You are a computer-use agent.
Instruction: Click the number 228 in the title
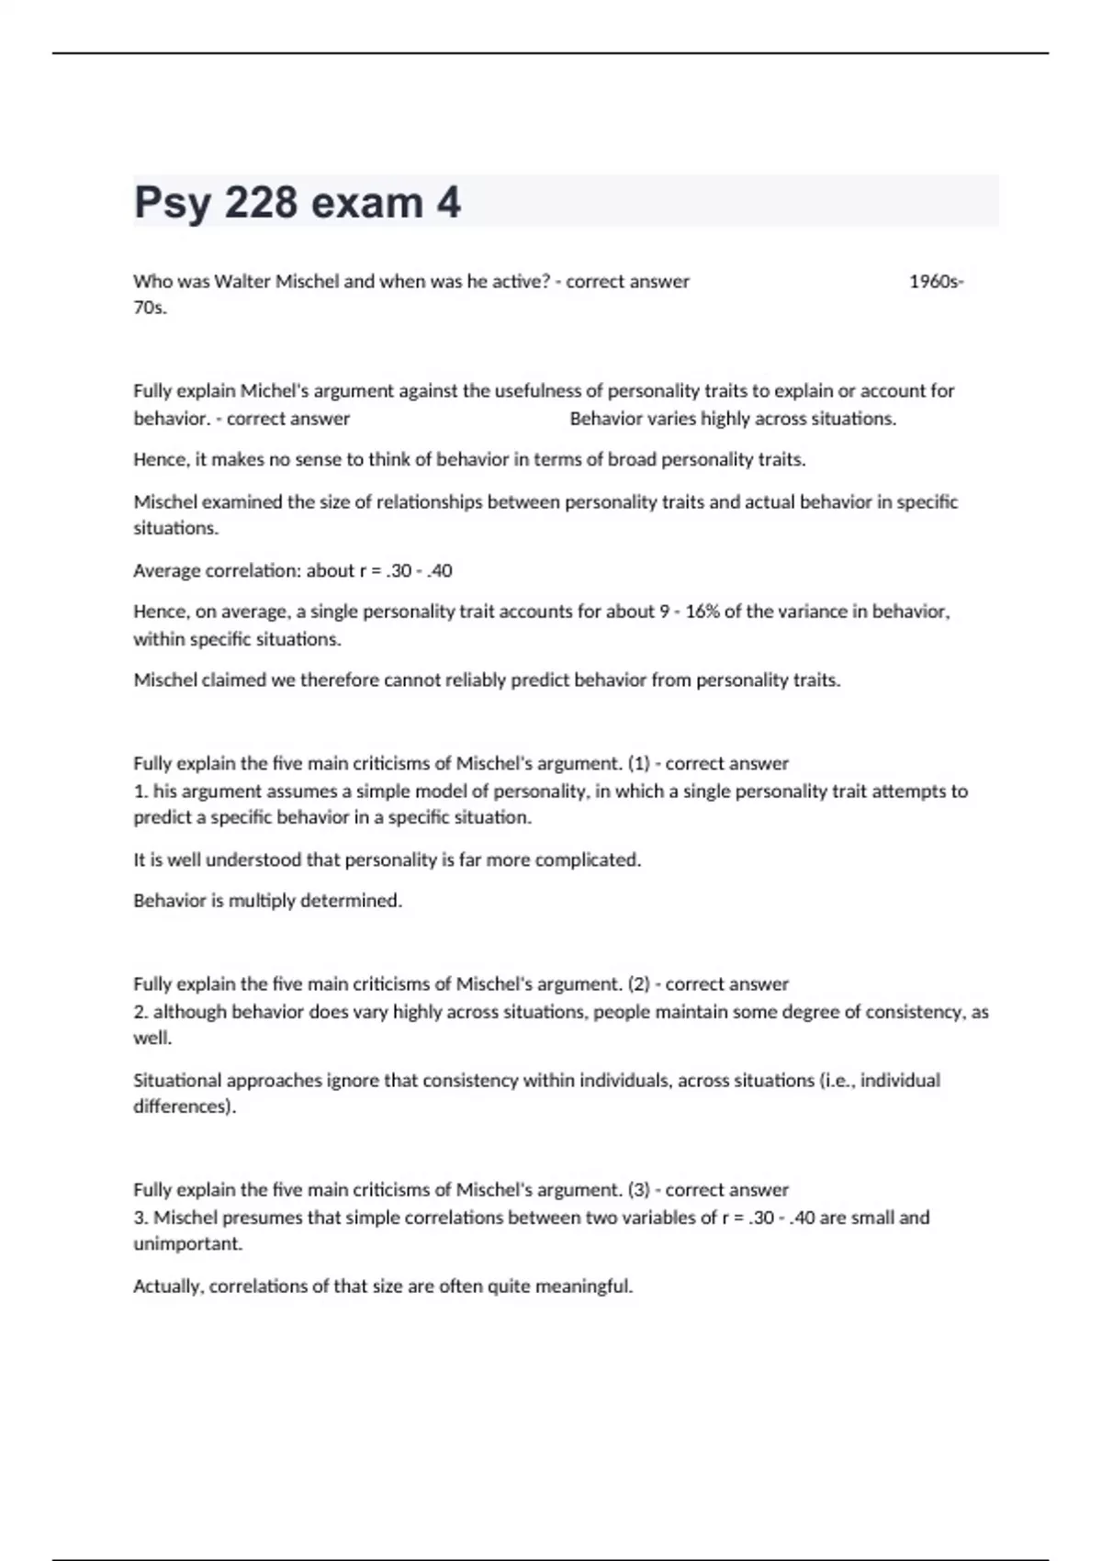tap(261, 203)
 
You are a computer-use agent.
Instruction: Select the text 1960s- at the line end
tap(936, 282)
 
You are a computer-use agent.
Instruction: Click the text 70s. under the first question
tap(150, 308)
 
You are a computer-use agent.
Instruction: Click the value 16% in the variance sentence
tap(702, 612)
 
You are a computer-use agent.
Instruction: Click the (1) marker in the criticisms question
tap(638, 764)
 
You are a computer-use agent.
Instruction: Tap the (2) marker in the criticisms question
tap(638, 984)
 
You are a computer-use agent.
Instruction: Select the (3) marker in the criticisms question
tap(638, 1190)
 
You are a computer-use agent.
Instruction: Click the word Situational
tap(177, 1081)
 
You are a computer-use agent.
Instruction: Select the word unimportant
tap(187, 1244)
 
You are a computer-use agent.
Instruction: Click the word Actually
tap(168, 1286)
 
